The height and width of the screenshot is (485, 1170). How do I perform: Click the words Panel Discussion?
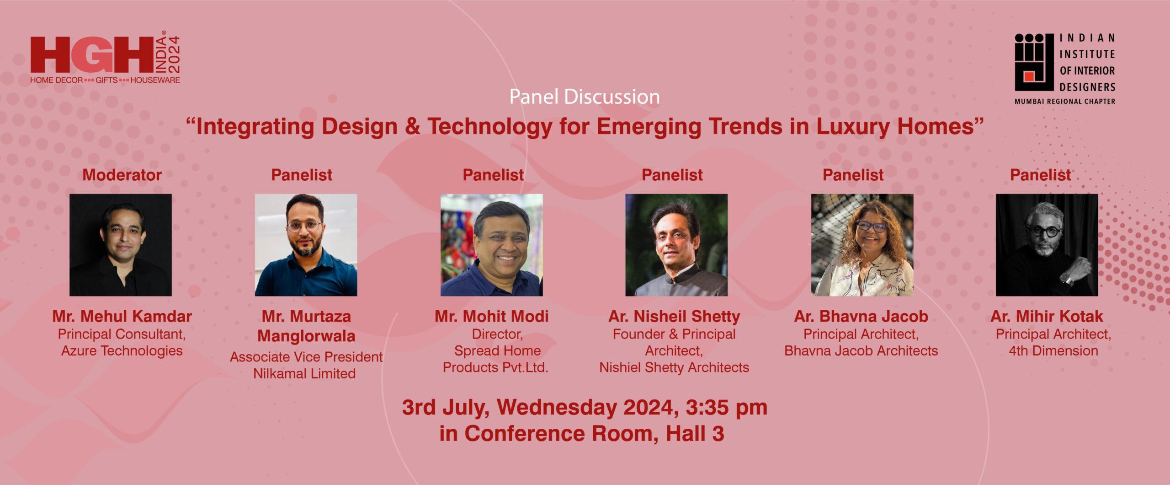coord(585,97)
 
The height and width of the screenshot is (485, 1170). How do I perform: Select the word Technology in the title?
coord(490,127)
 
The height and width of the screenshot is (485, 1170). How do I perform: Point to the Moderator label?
coord(122,175)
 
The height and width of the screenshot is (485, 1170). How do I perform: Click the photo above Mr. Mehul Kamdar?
coord(121,245)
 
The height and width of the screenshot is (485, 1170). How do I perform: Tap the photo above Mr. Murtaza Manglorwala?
coord(306,245)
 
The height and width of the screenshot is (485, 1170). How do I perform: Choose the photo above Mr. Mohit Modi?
coord(492,245)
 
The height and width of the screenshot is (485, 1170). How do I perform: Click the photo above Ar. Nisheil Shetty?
coord(676,245)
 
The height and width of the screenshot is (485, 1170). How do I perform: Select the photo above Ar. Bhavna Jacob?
coord(862,245)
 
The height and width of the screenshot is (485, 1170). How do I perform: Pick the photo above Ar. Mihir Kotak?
coord(1047,245)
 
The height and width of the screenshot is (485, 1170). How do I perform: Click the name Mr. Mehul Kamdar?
coord(122,316)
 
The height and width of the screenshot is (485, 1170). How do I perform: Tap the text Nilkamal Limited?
coord(304,374)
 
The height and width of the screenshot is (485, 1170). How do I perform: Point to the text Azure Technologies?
coord(122,351)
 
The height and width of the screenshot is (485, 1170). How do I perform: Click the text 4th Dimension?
coord(1053,351)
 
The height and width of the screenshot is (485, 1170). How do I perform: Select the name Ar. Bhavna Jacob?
coord(861,316)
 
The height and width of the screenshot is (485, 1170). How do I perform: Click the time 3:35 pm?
coord(726,407)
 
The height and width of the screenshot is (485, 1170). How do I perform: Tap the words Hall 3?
coord(695,433)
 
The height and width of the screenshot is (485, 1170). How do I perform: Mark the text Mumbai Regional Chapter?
coord(1065,102)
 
